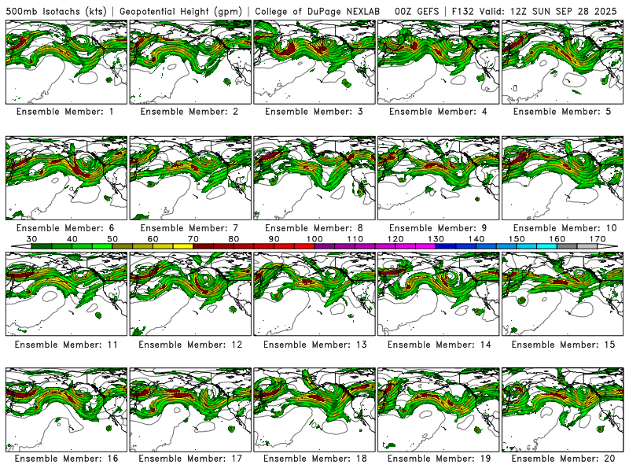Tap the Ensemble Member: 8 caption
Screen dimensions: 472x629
(x=314, y=228)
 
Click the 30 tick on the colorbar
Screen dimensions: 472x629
(x=32, y=238)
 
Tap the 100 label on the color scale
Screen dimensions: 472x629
(x=314, y=238)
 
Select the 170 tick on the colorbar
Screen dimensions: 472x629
(x=597, y=238)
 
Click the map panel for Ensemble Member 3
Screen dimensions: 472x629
(x=314, y=62)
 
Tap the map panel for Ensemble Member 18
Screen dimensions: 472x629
(x=314, y=408)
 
